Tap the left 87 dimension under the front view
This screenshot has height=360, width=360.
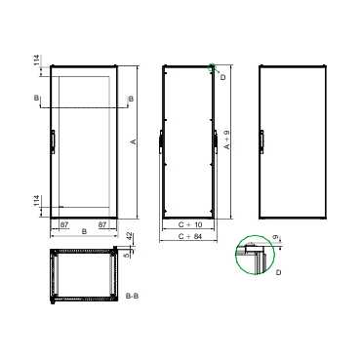pyautogui.click(x=64, y=224)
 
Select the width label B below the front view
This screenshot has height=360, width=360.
pyautogui.click(x=84, y=232)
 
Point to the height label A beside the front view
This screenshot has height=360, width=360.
pyautogui.click(x=132, y=141)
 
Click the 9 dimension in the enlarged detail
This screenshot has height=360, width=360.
pyautogui.click(x=280, y=236)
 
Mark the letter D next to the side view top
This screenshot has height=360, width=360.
pyautogui.click(x=222, y=76)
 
